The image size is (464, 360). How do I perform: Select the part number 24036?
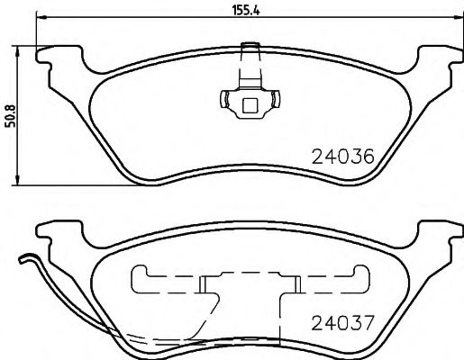341,155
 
